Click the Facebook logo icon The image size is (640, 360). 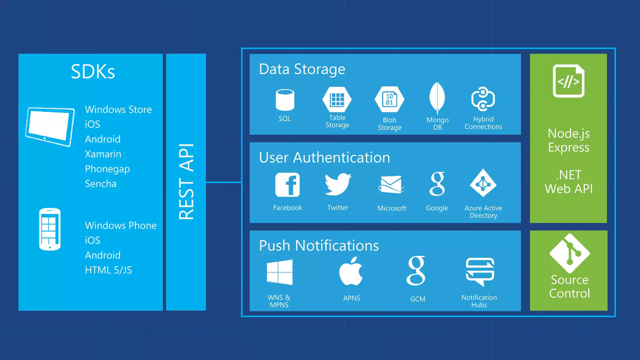tap(287, 185)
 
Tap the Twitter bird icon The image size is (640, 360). tap(338, 184)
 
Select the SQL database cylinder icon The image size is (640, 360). tap(285, 100)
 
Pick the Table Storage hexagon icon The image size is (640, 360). tap(337, 99)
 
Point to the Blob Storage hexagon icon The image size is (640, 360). tap(389, 99)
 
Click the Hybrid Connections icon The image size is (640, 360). tap(483, 99)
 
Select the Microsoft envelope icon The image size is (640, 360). tap(391, 184)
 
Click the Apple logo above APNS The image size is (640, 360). tap(351, 271)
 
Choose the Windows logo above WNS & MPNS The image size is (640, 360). tap(279, 272)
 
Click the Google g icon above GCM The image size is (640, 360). tap(416, 271)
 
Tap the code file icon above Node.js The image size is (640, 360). tap(568, 81)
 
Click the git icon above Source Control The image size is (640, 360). tap(569, 253)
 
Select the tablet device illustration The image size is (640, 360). tap(50, 126)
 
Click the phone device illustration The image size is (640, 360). tap(50, 229)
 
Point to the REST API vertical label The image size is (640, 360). tap(186, 182)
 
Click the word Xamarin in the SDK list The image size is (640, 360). tap(103, 154)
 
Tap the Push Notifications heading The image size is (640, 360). tap(319, 246)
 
